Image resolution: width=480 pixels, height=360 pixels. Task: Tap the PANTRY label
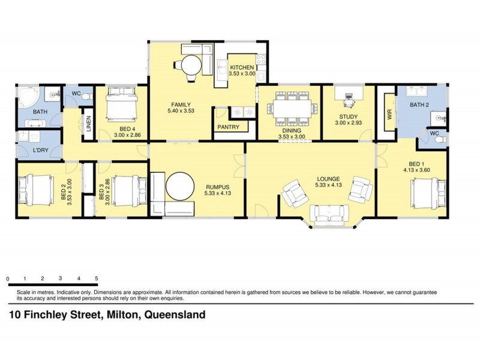[229, 127]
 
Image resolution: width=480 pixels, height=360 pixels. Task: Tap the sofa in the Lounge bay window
[329, 213]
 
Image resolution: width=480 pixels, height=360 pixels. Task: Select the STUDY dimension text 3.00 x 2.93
[348, 124]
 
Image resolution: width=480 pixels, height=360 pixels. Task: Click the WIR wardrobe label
[389, 115]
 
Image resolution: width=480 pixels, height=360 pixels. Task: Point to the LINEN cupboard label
[88, 124]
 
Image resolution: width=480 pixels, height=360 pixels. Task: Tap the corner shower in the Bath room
[27, 97]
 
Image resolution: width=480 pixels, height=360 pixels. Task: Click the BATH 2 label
[420, 105]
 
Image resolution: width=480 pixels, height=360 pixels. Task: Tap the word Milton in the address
[120, 314]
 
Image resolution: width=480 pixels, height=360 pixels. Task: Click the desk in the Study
[348, 94]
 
